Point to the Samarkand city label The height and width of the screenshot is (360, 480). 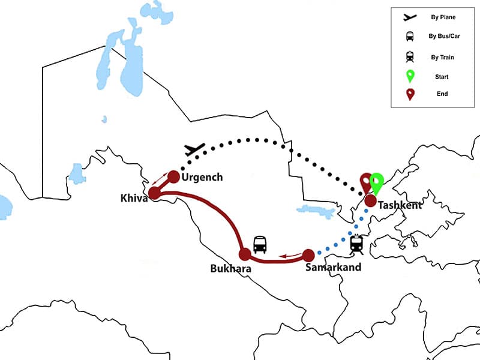pos(333,267)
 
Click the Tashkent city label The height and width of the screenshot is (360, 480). pos(400,205)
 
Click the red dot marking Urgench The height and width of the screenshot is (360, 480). pos(173,176)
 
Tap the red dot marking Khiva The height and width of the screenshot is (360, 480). pos(154,193)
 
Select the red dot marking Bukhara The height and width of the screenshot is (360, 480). pos(245,253)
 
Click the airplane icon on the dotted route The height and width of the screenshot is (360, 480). pos(195,149)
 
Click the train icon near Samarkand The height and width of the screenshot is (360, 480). pos(356,244)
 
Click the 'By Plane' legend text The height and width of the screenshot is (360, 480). pos(443,17)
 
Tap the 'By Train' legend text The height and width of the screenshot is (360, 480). pos(443,57)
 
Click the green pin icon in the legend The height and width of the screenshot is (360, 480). pos(410,76)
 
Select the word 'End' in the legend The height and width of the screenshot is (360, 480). pos(443,94)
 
